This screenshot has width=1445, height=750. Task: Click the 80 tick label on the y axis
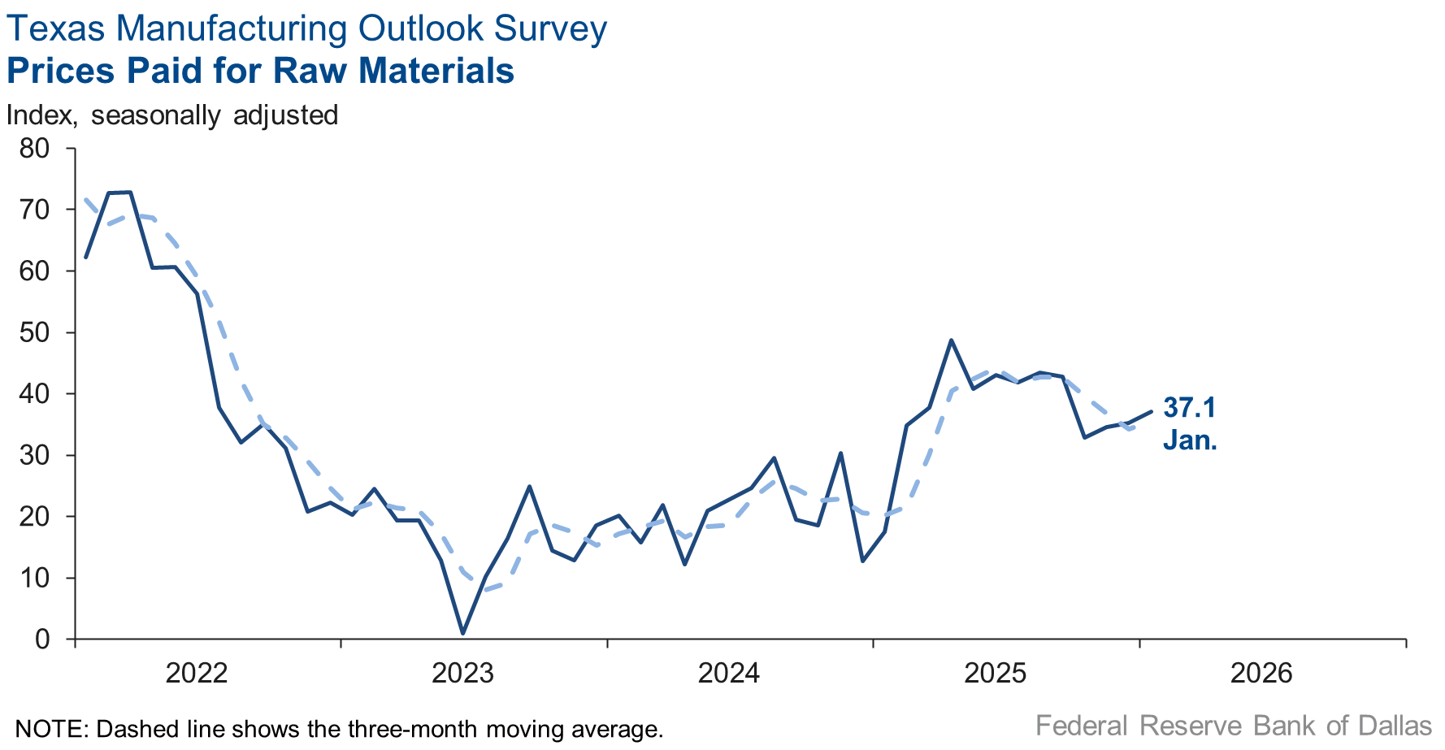pos(34,149)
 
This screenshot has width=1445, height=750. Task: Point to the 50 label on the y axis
pos(34,332)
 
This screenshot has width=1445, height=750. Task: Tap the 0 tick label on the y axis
pos(42,639)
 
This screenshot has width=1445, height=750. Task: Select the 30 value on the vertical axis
pos(34,455)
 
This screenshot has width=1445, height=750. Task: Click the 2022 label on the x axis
pos(197,673)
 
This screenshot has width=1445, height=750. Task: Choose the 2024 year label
pos(729,673)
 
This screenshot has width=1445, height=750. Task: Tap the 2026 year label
pos(1261,673)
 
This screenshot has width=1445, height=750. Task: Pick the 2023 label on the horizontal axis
pos(462,673)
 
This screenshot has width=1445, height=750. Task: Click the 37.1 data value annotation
pos(1189,407)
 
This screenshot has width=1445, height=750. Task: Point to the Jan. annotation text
pos(1190,440)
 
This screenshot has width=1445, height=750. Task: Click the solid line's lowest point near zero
pos(462,633)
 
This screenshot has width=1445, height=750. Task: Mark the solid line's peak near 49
pos(951,340)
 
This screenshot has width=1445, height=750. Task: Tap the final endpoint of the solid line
pos(1151,411)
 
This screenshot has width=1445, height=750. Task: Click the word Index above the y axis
pos(41,115)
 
